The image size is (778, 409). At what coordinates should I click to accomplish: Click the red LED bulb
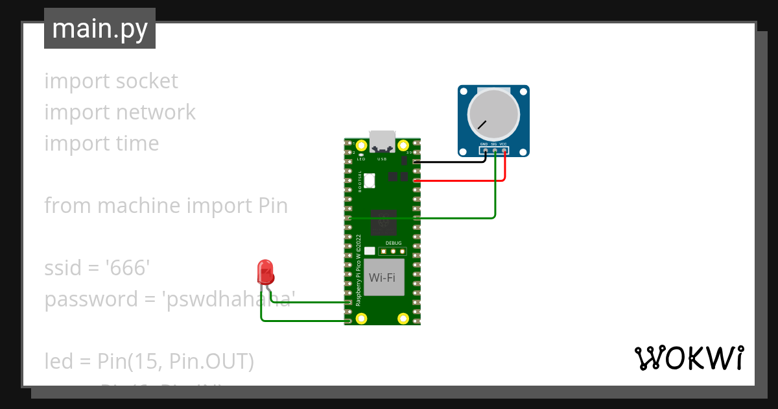(265, 271)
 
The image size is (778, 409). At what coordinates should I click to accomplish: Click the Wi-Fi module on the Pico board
(383, 278)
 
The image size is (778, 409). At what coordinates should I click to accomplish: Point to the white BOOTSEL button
(370, 180)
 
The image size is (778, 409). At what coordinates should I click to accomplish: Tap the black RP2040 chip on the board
(383, 223)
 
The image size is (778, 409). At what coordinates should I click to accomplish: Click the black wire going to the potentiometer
(454, 162)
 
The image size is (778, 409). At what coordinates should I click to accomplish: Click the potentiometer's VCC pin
(504, 151)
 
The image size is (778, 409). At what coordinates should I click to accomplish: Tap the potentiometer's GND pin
(484, 151)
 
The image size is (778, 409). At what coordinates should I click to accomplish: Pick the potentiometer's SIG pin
(494, 151)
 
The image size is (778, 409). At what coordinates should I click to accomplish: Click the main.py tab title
(100, 29)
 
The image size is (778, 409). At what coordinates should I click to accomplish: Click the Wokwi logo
(688, 358)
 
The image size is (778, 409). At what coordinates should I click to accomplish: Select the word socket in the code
(146, 81)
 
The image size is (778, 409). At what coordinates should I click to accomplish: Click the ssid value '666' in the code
(130, 267)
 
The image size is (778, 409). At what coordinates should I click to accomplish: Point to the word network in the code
(156, 112)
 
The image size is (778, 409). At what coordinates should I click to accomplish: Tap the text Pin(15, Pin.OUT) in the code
(176, 362)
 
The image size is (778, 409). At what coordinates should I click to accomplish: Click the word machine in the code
(139, 206)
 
